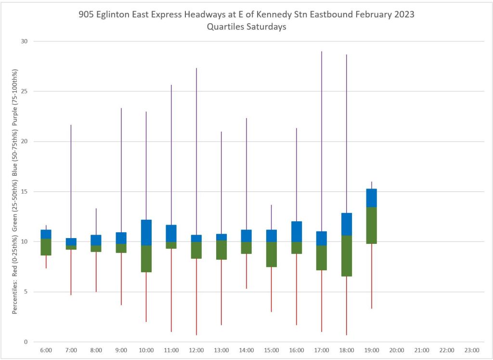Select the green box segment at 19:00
pos(372,225)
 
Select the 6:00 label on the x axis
pos(46,350)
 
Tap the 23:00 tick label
pos(472,350)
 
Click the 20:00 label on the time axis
pos(397,350)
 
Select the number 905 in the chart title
pos(86,15)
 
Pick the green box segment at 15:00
pos(272,254)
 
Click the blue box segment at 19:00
pos(372,198)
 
